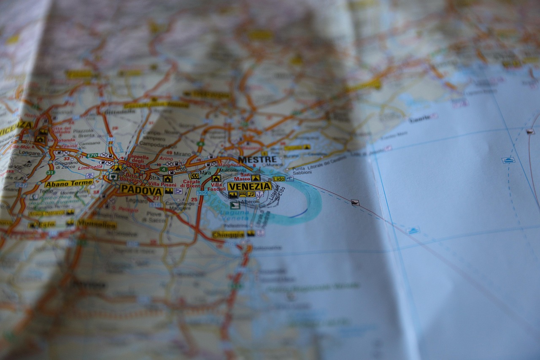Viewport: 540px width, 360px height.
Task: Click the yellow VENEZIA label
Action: [x=249, y=186]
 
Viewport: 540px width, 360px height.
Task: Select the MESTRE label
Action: [x=257, y=160]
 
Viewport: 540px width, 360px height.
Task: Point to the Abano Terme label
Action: [x=69, y=184]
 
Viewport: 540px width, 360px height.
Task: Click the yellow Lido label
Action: [x=278, y=179]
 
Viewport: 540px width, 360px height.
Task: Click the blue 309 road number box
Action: [x=202, y=193]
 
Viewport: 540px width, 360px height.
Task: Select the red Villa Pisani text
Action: [x=162, y=184]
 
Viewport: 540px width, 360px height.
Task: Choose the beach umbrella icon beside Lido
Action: [x=289, y=179]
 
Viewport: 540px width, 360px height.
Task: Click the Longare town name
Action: [x=30, y=153]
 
